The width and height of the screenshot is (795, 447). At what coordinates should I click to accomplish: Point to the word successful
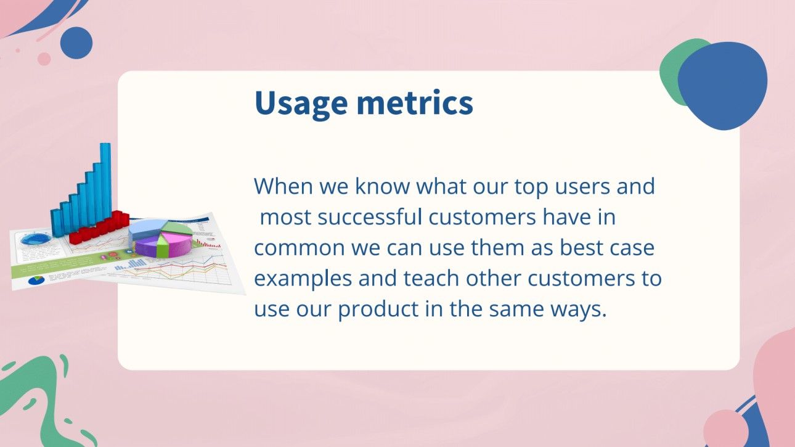tap(370, 217)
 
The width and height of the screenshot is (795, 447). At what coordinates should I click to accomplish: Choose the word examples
tap(303, 279)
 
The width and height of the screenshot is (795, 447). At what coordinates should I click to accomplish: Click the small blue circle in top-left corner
tap(76, 43)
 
